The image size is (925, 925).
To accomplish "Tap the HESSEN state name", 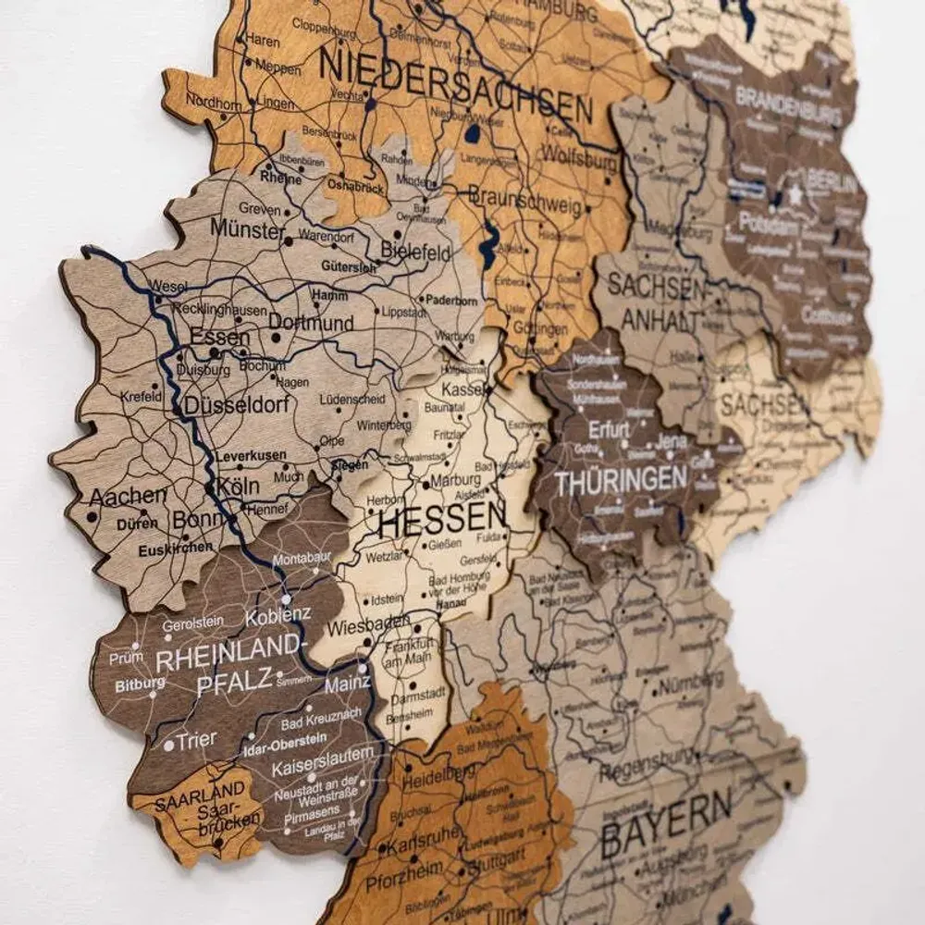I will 443,519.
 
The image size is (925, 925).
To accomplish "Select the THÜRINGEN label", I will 622,480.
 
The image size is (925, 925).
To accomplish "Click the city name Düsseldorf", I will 238,405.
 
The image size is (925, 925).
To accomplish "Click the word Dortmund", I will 311,323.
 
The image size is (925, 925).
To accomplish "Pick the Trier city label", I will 198,739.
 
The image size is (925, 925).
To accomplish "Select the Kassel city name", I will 463,389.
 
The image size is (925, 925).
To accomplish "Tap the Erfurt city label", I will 608,429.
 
